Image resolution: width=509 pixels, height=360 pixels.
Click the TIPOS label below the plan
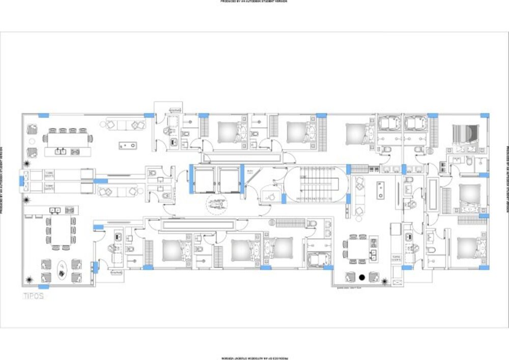point(33,296)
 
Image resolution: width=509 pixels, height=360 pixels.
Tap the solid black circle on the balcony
point(362,277)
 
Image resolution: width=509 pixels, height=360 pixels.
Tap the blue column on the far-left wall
point(21,180)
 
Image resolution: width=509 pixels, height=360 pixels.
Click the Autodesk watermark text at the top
point(254,2)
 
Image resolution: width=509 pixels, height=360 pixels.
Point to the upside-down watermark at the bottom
point(254,358)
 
